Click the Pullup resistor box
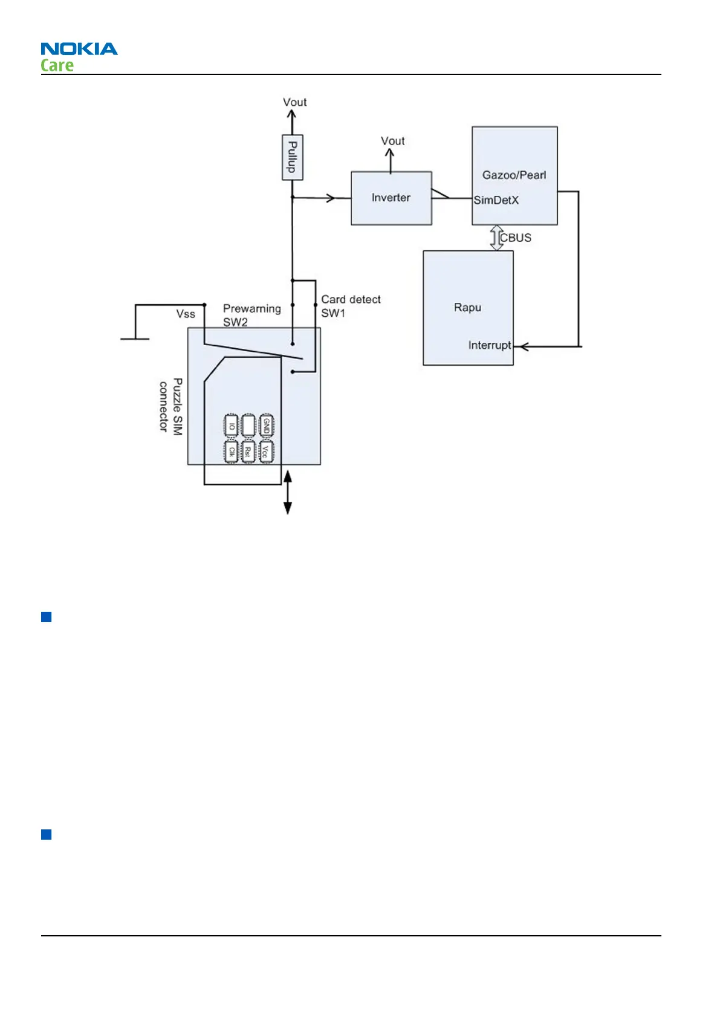293,157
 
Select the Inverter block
391,198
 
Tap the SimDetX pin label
496,200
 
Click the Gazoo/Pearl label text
514,175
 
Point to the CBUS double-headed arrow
496,238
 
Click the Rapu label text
467,307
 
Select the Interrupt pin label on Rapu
489,345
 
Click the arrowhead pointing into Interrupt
524,346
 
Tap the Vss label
186,314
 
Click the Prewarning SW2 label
251,315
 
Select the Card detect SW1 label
351,306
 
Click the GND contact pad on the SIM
267,426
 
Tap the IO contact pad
232,426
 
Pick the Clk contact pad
232,451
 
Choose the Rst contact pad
248,451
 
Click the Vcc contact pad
267,451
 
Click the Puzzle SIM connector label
170,406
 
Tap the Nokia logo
79,49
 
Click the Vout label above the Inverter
392,141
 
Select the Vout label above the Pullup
294,102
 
